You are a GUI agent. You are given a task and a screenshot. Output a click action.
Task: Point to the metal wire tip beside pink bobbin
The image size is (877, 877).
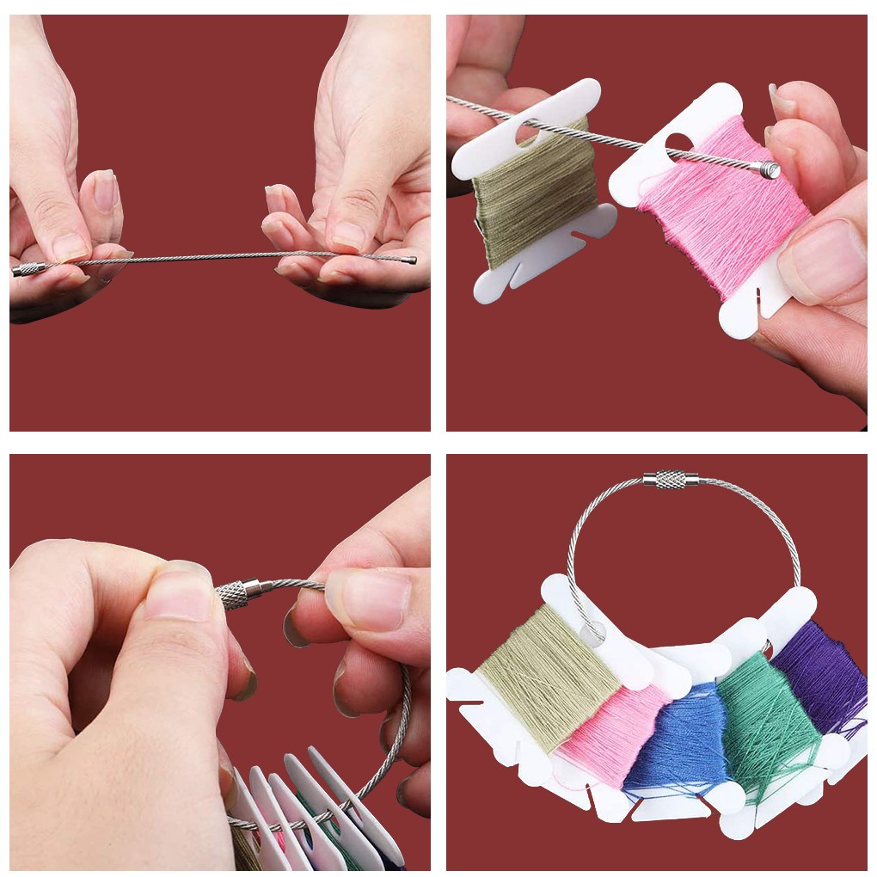click(x=770, y=169)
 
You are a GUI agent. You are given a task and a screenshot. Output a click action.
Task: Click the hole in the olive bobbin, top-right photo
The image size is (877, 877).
click(x=526, y=131)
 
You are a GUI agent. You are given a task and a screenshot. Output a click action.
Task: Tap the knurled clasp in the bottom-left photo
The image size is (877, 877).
click(x=238, y=593)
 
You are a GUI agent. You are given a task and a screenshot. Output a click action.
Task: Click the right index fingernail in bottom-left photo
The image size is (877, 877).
click(x=365, y=598)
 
